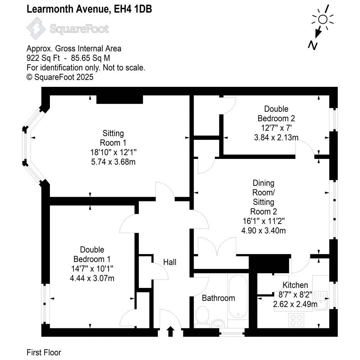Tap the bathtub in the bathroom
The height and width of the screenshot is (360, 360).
[238, 296]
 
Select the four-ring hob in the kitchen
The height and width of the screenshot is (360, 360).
[296, 320]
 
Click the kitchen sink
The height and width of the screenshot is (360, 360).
[321, 301]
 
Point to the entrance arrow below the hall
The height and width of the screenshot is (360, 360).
[171, 331]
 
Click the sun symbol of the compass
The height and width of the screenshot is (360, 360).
[323, 20]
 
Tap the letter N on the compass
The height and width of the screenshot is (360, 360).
[313, 45]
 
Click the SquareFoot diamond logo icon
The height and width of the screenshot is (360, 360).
[36, 28]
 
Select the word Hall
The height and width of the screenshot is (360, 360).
[170, 262]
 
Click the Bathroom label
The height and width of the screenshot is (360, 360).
[218, 298]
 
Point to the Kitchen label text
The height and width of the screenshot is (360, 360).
[295, 285]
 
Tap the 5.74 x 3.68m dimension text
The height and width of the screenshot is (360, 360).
[113, 162]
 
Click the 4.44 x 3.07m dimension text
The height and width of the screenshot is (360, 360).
[92, 278]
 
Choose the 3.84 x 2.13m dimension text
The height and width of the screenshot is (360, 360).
[276, 137]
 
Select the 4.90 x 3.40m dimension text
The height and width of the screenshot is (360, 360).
[264, 231]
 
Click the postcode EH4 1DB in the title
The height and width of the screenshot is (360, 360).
[133, 9]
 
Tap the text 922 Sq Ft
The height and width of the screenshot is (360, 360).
[43, 58]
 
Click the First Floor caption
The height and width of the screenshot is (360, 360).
[44, 352]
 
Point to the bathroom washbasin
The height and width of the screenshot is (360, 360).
[218, 323]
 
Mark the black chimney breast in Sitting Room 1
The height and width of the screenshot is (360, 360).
[120, 99]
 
